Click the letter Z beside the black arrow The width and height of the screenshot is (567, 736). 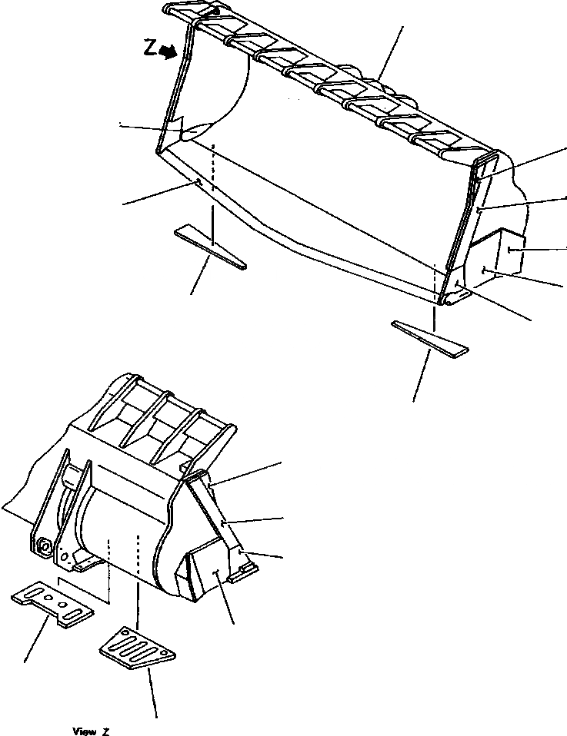point(150,48)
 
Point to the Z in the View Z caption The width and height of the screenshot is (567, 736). point(107,731)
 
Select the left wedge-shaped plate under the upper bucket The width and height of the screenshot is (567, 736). point(210,246)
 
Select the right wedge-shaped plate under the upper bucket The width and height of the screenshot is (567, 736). point(429,339)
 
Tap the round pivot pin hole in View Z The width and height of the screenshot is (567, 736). point(43,547)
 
